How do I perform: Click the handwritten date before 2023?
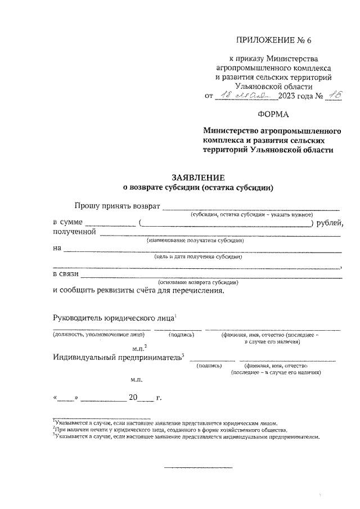pos(244,96)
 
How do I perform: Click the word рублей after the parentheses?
pos(330,223)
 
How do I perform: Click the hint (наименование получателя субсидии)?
pos(195,240)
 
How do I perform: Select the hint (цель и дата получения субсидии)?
pos(198,256)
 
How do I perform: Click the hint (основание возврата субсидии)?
pos(199,282)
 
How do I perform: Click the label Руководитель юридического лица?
pos(113,318)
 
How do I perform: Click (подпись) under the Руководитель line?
pos(181,335)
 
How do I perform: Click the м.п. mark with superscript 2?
pos(138,348)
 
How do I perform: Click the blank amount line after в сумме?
pos(110,223)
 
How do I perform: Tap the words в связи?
pos(65,274)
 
